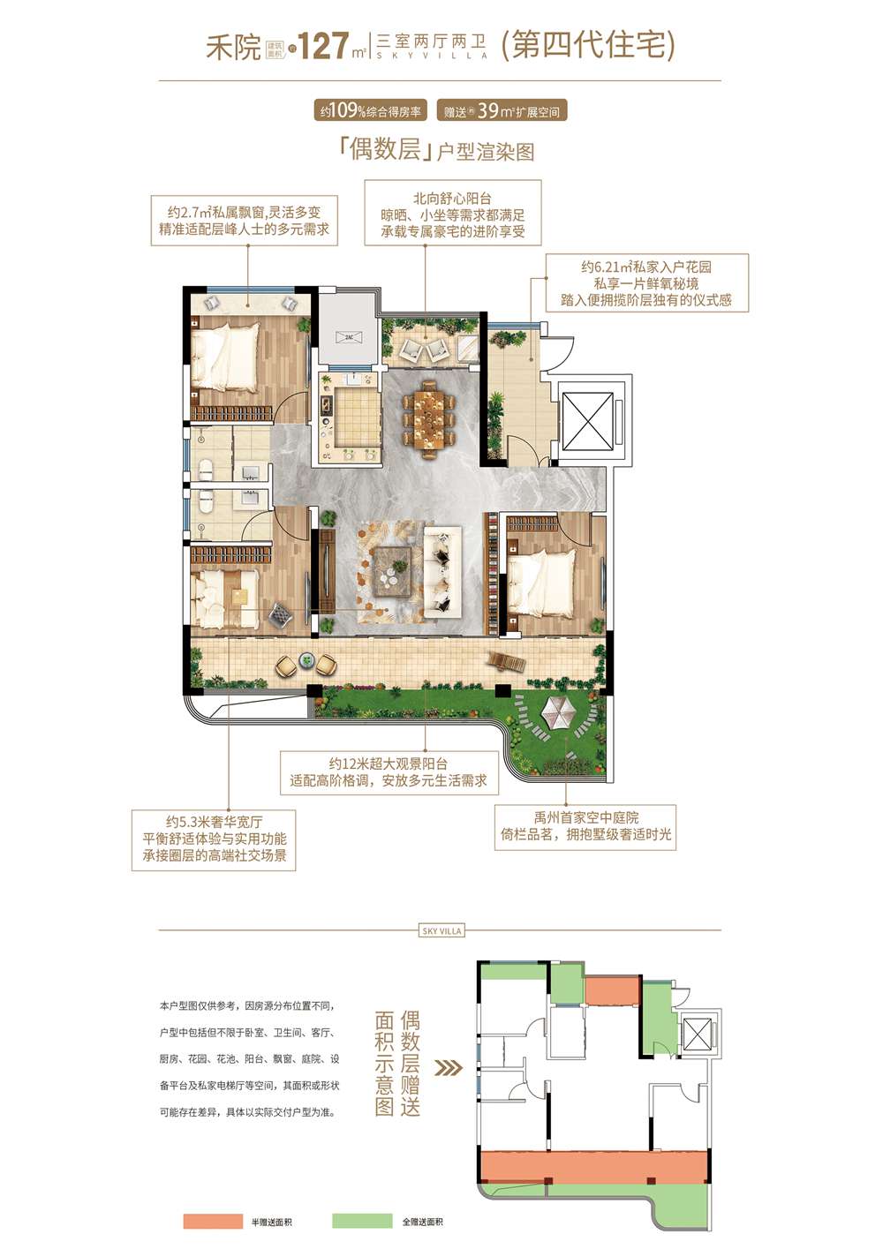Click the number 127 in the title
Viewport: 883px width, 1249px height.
[323, 46]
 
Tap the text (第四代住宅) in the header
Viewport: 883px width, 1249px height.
[588, 44]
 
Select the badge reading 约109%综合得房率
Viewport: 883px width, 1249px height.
[371, 111]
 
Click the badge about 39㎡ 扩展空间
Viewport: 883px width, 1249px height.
[502, 111]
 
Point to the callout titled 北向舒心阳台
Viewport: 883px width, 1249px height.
[453, 214]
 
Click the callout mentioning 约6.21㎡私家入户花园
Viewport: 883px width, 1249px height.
[646, 283]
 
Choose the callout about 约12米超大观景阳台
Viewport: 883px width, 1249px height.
[389, 772]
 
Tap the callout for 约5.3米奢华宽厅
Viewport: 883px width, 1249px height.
[214, 839]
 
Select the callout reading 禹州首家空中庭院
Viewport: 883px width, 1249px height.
[585, 826]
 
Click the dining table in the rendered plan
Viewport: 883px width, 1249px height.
[429, 416]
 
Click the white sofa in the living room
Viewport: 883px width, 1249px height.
[441, 571]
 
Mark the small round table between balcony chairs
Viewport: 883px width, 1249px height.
[306, 659]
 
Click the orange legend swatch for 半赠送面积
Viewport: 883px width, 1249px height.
[213, 1221]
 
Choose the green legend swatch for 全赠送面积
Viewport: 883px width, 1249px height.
[362, 1221]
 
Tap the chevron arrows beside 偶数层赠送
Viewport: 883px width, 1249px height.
[449, 1067]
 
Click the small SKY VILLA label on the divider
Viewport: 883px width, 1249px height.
[441, 930]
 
